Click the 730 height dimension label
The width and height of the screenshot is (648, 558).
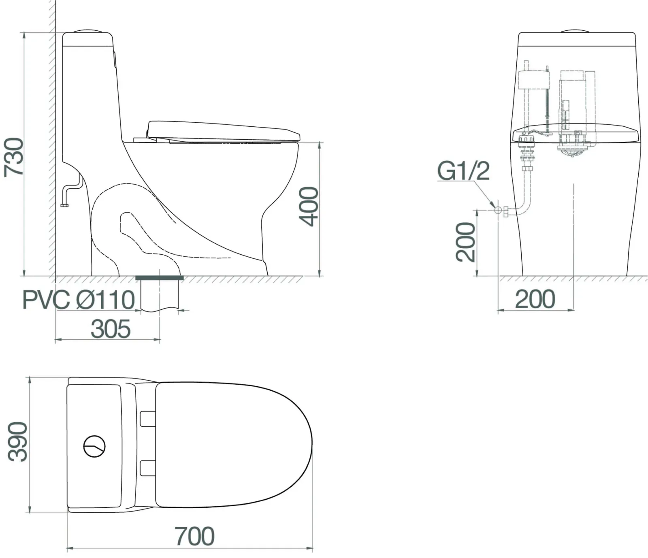[14, 157]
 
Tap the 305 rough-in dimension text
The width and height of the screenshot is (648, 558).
[111, 329]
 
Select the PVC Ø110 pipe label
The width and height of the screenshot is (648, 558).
[79, 300]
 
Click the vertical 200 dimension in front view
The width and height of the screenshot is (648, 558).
[465, 242]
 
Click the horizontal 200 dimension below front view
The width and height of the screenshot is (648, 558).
[535, 299]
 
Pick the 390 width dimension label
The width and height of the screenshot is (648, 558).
[18, 442]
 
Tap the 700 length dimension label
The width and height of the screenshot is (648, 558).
[194, 536]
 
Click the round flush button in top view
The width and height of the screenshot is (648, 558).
[94, 446]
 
